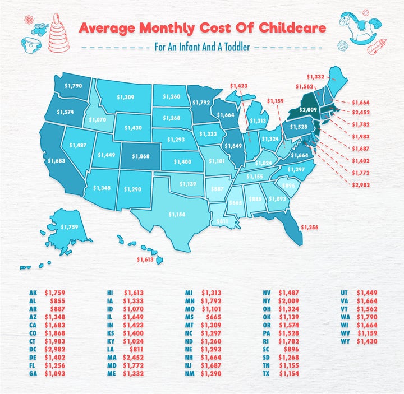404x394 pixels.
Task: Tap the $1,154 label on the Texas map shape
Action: (177, 214)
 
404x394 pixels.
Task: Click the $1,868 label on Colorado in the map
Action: (141, 156)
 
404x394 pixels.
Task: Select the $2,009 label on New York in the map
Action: (309, 110)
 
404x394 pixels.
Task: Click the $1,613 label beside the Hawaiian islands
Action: (146, 261)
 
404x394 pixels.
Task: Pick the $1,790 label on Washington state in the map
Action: (72, 86)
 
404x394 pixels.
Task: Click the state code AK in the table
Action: (33, 292)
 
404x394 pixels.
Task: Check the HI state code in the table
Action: (111, 292)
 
